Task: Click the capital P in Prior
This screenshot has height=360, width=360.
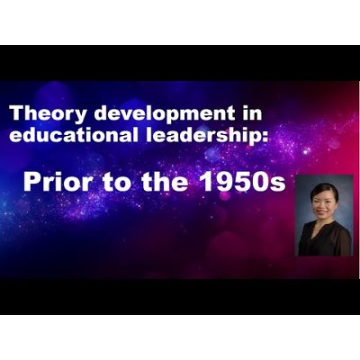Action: click(x=31, y=183)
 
